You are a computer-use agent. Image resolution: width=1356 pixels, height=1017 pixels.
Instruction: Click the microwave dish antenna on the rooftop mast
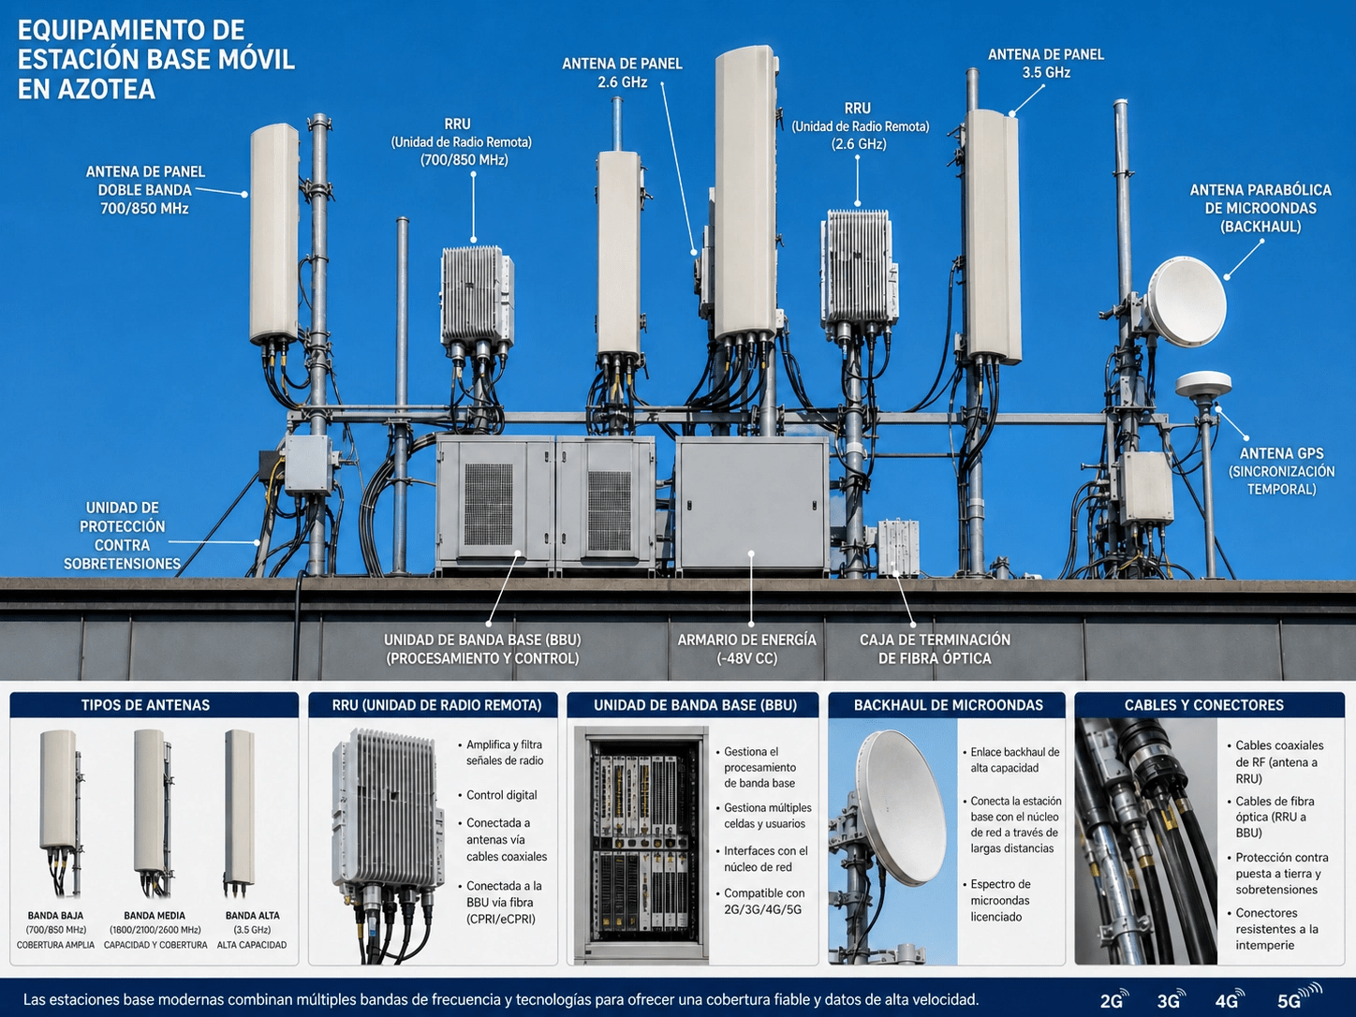(1186, 302)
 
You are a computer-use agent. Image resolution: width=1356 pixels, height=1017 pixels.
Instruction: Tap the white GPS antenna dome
(1202, 384)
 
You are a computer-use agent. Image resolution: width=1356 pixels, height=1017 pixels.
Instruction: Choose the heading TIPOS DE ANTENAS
(145, 705)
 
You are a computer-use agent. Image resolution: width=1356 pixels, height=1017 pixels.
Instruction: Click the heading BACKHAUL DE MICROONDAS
(949, 705)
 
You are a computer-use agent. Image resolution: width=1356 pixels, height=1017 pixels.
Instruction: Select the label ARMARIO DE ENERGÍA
(746, 640)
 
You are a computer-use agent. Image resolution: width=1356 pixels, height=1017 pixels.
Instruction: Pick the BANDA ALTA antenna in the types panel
(239, 814)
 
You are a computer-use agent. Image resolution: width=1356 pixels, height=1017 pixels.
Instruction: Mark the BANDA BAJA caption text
(55, 916)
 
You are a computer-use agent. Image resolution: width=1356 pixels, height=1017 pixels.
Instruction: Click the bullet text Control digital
(502, 795)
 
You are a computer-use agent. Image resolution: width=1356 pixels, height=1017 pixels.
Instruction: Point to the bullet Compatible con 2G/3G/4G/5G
(764, 901)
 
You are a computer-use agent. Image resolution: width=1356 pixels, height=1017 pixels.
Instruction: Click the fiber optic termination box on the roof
(898, 547)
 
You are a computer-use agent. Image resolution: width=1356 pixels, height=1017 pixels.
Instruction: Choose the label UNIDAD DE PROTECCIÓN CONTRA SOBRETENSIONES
(123, 536)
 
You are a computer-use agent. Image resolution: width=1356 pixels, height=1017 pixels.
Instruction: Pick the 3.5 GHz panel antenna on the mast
(992, 237)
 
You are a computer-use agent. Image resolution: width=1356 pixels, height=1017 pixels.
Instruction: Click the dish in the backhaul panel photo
(901, 807)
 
